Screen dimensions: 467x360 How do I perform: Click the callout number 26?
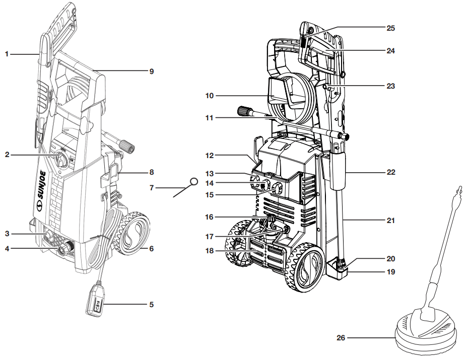pos(341,338)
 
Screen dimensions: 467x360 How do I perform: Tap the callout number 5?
pos(151,305)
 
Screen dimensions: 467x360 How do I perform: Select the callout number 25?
pos(391,28)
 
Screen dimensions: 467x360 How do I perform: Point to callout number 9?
pos(151,71)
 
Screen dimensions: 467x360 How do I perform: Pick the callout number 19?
pos(391,272)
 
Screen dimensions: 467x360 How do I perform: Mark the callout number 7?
pos(151,188)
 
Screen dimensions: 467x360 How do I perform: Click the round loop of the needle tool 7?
pos(193,181)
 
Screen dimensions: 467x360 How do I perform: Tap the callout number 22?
pos(391,172)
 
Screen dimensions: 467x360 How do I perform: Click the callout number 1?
pos(7,53)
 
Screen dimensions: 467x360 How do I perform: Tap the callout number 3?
pos(7,234)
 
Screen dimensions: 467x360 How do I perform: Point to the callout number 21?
pos(391,221)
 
